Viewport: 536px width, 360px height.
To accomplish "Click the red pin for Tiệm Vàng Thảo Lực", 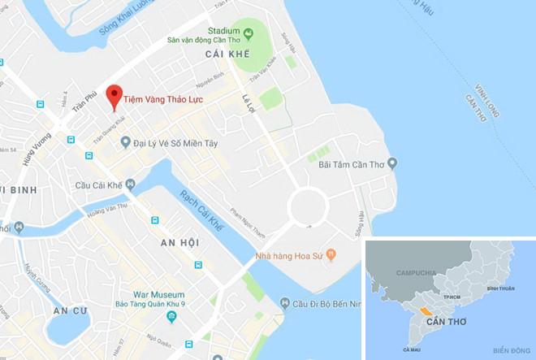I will coord(115,95).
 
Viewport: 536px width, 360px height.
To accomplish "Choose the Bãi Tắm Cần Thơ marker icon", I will coord(392,164).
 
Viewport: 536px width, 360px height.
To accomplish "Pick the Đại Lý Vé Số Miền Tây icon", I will coord(125,142).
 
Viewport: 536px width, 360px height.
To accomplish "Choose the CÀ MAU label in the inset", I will coord(409,349).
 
